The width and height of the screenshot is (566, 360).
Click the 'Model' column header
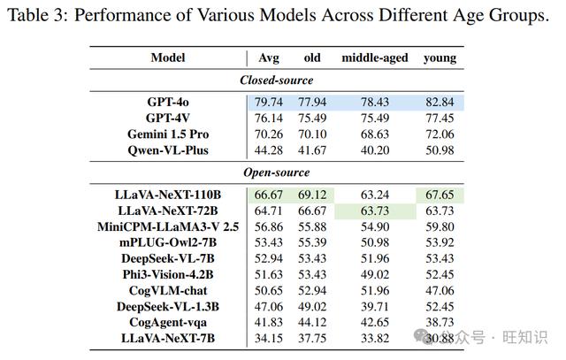168,57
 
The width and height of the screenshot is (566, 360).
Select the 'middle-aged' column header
375,58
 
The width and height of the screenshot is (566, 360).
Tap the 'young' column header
440,58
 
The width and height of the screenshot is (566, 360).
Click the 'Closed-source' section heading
277,80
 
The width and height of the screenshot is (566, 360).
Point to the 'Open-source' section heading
277,172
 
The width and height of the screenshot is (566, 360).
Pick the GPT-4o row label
168,103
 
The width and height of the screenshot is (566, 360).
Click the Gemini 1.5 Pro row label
168,134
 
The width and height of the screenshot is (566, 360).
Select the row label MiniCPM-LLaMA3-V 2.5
168,226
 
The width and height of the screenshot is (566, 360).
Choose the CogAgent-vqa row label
168,323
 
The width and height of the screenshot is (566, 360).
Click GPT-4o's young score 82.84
440,103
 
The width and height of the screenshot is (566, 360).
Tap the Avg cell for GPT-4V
269,119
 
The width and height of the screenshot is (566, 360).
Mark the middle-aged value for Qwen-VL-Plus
375,150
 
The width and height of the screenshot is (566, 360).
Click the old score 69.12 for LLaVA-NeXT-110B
312,195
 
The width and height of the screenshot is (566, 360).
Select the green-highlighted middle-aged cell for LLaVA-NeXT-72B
375,211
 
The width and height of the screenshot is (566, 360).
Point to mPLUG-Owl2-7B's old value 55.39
312,242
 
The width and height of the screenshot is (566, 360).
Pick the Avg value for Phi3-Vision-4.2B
269,275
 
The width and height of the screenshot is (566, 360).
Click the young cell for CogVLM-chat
440,291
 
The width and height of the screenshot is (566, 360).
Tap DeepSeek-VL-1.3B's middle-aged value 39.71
375,307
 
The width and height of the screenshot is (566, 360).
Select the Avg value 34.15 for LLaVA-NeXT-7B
269,339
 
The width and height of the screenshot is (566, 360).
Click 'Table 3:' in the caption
37,16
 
